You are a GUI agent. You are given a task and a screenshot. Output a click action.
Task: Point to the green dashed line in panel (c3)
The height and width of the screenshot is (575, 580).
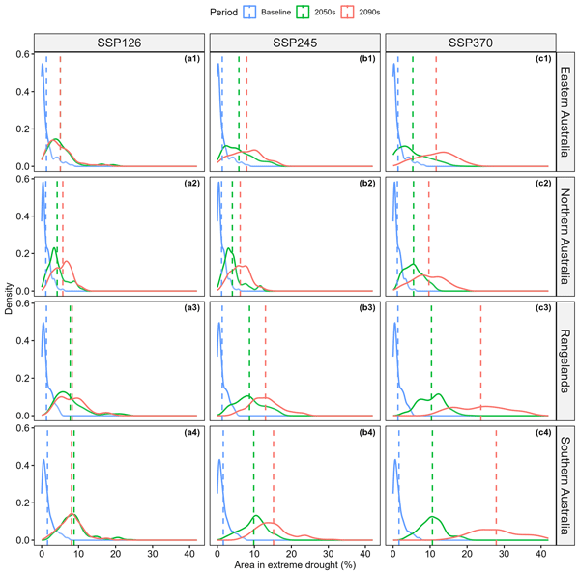(x=432, y=359)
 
